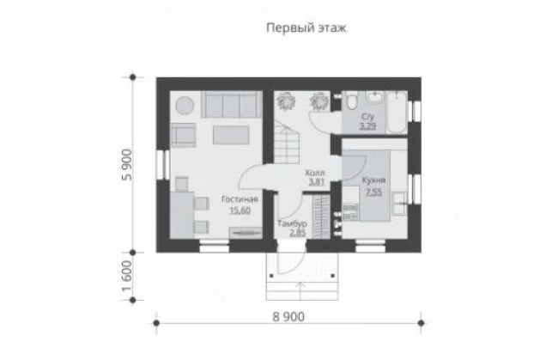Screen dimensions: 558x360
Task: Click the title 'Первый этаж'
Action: click(306, 27)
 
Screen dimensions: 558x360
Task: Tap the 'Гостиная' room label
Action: click(240, 199)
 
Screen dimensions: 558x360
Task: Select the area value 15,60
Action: click(240, 211)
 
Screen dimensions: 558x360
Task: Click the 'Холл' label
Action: click(315, 173)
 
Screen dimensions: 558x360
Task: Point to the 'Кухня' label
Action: click(373, 180)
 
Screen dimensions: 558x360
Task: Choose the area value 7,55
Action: click(373, 192)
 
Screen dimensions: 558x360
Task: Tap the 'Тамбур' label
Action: click(292, 224)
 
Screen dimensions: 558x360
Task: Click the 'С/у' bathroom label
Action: click(367, 117)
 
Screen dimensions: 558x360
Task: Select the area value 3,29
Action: click(367, 126)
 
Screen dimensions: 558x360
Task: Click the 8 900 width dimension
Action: click(288, 316)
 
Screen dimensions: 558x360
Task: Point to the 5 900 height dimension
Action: click(127, 164)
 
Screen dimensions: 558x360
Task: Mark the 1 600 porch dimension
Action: click(127, 276)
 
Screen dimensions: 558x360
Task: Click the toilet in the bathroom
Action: click(352, 101)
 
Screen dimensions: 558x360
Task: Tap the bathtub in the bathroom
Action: click(397, 113)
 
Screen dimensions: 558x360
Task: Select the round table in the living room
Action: click(185, 106)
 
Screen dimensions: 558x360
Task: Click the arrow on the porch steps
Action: click(301, 291)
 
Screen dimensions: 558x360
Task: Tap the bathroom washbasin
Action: click(375, 97)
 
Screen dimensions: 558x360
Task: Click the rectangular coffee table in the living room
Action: click(231, 135)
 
